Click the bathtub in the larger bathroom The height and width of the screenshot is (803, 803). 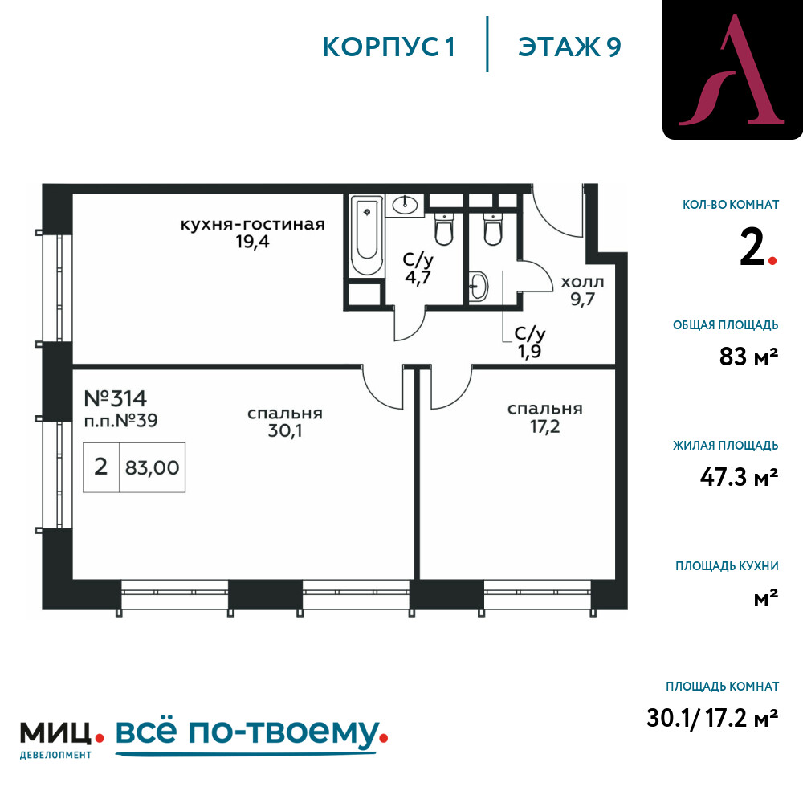click(367, 235)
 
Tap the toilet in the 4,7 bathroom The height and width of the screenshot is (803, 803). click(443, 228)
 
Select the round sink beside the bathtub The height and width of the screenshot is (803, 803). click(405, 205)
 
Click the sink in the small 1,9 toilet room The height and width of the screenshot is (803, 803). click(479, 285)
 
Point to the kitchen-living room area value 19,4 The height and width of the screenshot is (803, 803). click(252, 242)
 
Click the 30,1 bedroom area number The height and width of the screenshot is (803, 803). click(285, 430)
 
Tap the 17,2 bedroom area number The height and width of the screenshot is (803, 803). click(545, 426)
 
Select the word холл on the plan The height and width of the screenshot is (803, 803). click(582, 282)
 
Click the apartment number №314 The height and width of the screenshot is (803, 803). click(115, 398)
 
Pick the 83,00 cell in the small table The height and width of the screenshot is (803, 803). click(152, 467)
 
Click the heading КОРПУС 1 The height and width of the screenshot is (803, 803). click(389, 47)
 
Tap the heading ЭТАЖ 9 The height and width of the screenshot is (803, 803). click(569, 47)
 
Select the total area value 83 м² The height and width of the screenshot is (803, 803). click(748, 357)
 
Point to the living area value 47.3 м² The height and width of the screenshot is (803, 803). click(739, 477)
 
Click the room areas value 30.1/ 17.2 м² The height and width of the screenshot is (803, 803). click(712, 718)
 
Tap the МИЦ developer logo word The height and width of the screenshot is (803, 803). click(55, 733)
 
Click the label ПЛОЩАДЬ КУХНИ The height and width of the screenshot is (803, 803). click(727, 566)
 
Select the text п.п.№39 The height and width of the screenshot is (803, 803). click(121, 421)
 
